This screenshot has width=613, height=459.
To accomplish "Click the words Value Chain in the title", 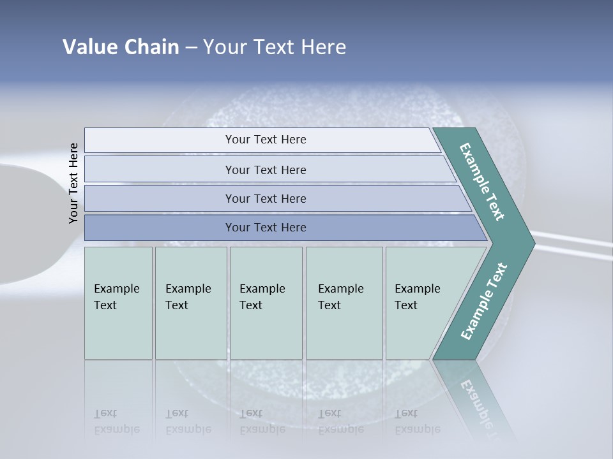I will [x=121, y=47].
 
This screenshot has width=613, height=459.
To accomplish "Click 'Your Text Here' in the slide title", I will [x=275, y=47].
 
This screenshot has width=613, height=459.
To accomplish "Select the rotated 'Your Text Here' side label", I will [x=74, y=184].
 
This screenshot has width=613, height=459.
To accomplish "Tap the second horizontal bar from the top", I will [x=265, y=170].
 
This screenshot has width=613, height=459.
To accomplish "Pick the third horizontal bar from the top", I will [x=265, y=198].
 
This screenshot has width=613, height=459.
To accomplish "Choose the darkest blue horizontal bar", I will [x=265, y=228].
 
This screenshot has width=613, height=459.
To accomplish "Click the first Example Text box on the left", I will [x=118, y=303].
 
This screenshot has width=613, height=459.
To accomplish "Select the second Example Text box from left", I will [x=191, y=303].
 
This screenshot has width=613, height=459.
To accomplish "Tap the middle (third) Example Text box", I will [x=266, y=303].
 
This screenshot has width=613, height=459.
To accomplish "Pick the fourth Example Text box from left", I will [x=344, y=303].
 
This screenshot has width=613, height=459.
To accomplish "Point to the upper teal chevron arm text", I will [x=483, y=182].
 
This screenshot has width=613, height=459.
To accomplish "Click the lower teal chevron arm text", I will [x=483, y=302].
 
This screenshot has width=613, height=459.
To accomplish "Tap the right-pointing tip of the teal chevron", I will [x=527, y=243].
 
